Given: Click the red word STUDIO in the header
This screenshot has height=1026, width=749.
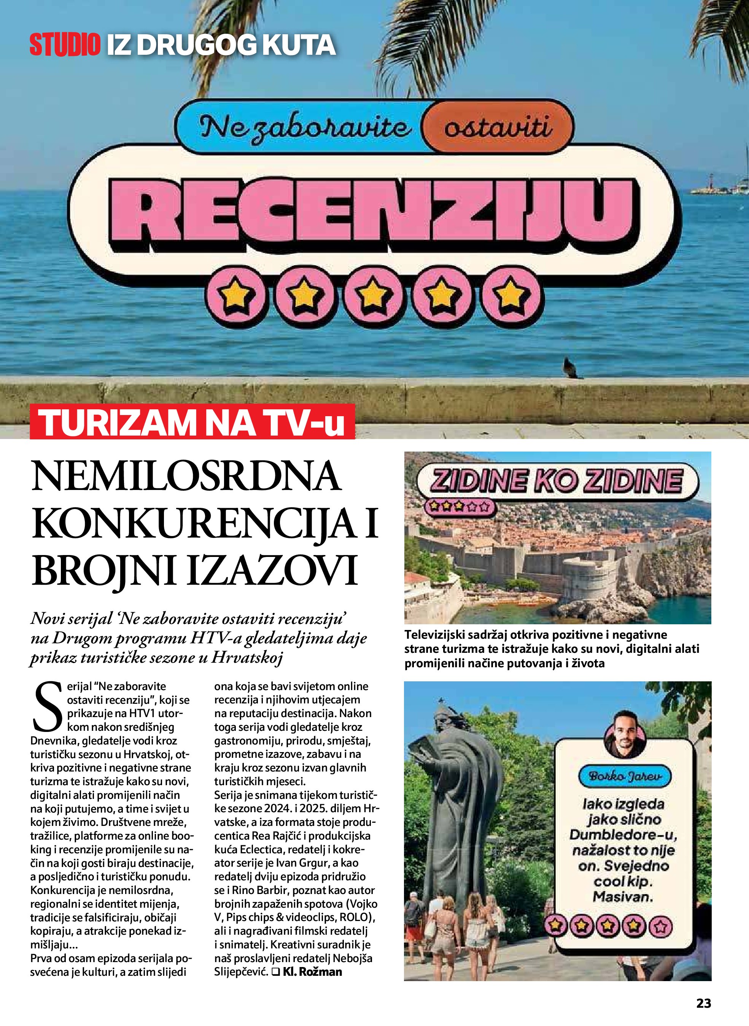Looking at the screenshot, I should tap(65, 45).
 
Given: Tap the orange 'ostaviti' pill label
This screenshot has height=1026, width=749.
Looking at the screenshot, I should tap(498, 127).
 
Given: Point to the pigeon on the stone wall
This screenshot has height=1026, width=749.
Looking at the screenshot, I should tap(570, 368).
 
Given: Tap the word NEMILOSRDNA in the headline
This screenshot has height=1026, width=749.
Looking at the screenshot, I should tap(186, 476).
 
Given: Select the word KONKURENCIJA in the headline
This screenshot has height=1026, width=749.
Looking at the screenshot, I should tap(194, 524).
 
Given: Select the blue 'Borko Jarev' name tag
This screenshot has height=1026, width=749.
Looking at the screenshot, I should tap(624, 776).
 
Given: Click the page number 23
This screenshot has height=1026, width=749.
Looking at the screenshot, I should tap(703, 1003).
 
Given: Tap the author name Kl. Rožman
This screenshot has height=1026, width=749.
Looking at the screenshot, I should tap(312, 972).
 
